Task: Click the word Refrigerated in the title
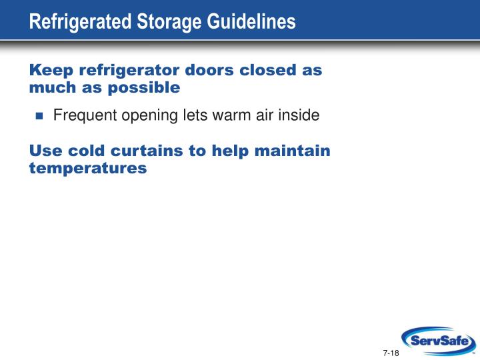click(x=80, y=22)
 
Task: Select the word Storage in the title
click(x=169, y=22)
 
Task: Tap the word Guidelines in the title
click(x=251, y=21)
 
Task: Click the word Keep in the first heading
click(x=51, y=71)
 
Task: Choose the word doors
click(x=209, y=70)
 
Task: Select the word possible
click(x=144, y=88)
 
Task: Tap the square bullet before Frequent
click(x=39, y=116)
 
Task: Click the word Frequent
click(x=85, y=116)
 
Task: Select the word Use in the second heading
click(x=45, y=151)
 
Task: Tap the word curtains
click(x=147, y=151)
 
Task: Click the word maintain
click(x=293, y=151)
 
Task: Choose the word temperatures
click(x=88, y=169)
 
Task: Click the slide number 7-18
click(x=391, y=353)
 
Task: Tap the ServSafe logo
click(x=439, y=341)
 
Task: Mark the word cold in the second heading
click(x=86, y=151)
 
